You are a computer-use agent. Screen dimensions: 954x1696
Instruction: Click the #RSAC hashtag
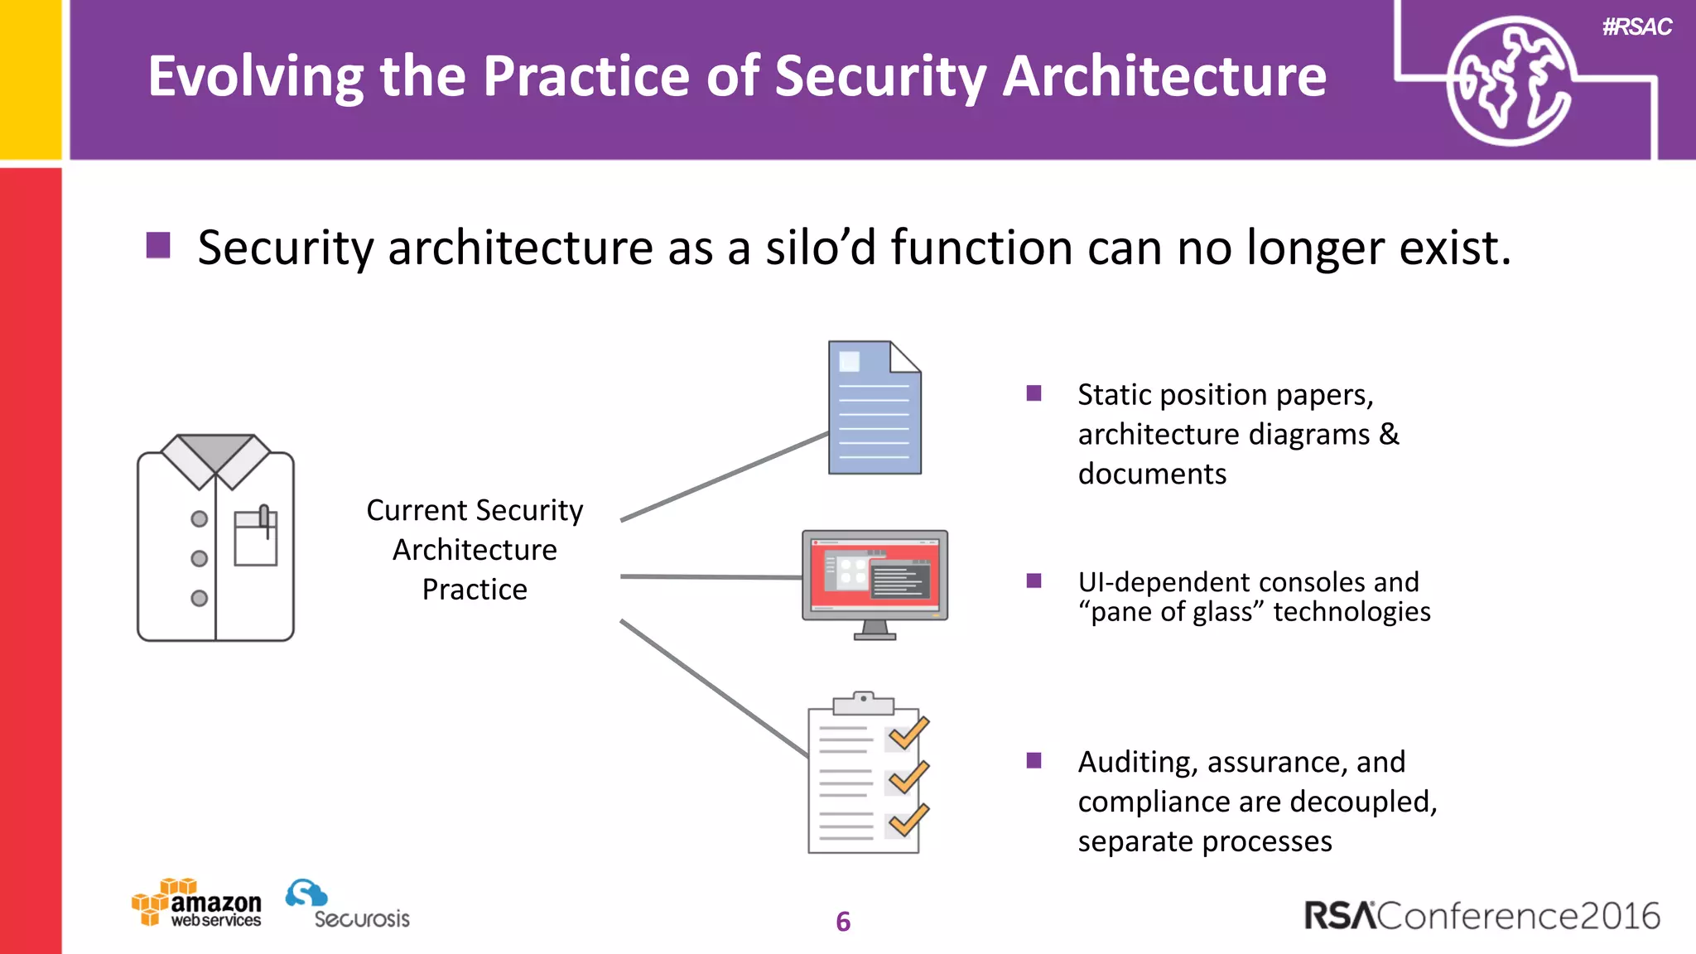point(1636,27)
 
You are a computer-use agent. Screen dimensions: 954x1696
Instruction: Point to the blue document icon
point(874,407)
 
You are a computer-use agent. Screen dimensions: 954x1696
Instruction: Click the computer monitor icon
point(874,580)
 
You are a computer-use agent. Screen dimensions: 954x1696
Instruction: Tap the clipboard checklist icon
point(863,774)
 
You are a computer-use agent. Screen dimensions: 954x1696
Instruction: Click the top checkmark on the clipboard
point(908,734)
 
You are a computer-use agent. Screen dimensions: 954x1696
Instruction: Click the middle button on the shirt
point(199,558)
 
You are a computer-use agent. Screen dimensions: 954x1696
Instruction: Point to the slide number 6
point(843,922)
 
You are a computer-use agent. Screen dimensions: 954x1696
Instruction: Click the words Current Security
point(475,511)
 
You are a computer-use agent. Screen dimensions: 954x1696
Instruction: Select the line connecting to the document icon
point(725,476)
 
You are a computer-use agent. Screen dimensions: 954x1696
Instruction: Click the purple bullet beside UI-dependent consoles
point(1033,581)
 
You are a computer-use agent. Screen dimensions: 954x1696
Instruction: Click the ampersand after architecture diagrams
point(1389,435)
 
